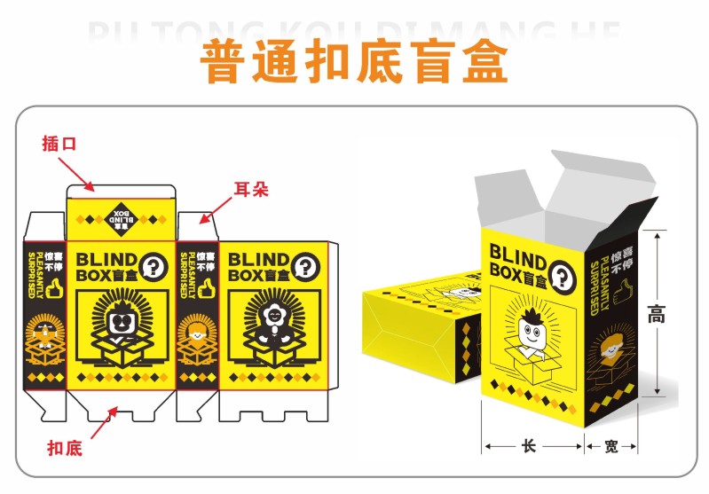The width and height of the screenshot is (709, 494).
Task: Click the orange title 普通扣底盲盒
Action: click(355, 63)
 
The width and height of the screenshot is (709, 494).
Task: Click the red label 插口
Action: click(59, 144)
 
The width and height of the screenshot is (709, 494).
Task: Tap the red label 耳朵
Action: click(250, 190)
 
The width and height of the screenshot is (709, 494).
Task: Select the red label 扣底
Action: click(64, 449)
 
